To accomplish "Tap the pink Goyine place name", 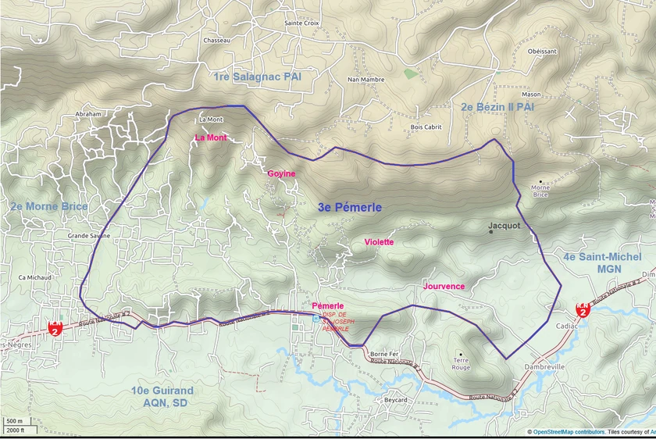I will pos(281,173).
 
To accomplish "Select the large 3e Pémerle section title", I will pos(350,207).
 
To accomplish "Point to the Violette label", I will pos(379,242).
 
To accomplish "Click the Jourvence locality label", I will pos(444,287).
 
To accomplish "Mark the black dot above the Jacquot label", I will pos(491,231).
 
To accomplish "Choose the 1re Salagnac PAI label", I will pos(257,77).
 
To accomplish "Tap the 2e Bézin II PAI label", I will pos(497,105).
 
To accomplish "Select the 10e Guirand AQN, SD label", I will pos(162,396).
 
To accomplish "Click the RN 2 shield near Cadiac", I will pos(583,310).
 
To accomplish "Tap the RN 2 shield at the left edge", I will pos(55,327).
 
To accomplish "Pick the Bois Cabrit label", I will pos(426,127).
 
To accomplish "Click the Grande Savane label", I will pos(89,235).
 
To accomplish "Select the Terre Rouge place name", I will pos(462,363).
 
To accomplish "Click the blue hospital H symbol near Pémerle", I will pos(315,319).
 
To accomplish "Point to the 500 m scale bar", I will pos(15,423).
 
